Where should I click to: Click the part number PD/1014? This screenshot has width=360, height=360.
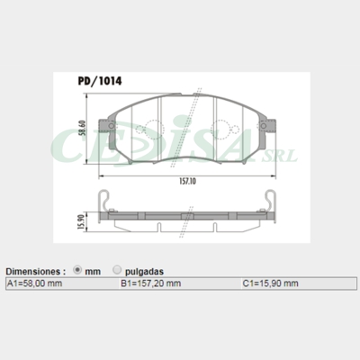click(100, 81)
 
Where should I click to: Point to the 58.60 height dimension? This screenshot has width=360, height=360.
click(82, 128)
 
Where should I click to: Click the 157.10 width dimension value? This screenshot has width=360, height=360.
click(187, 182)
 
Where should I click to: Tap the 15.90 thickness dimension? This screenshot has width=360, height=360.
click(81, 222)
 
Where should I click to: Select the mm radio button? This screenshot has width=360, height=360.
click(77, 270)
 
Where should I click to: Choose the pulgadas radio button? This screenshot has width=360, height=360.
click(117, 270)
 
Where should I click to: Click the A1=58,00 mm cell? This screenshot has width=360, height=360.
click(34, 283)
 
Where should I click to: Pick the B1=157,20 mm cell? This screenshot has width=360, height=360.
click(151, 283)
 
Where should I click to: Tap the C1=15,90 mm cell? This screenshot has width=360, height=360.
click(270, 283)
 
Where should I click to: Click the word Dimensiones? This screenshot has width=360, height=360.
click(33, 272)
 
